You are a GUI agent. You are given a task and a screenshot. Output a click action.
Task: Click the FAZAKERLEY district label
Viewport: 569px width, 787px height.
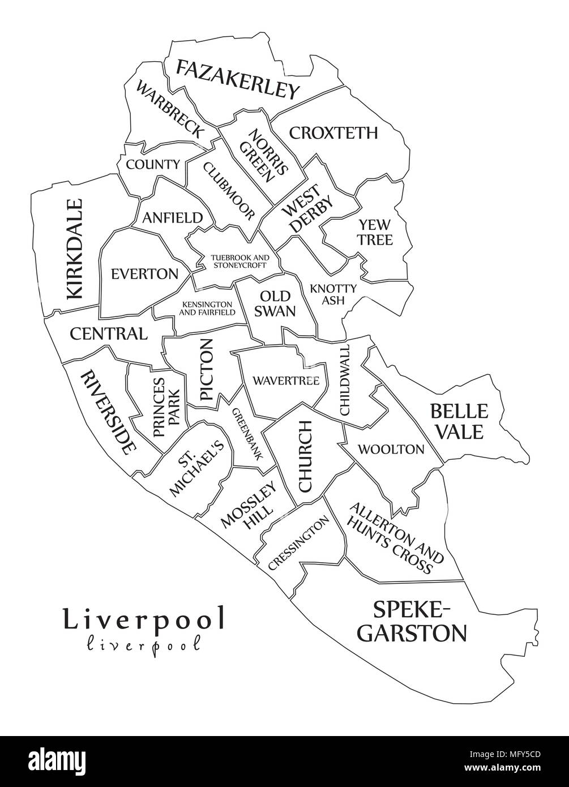point(237,79)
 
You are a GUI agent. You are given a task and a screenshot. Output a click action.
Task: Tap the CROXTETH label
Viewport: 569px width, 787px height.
point(333,133)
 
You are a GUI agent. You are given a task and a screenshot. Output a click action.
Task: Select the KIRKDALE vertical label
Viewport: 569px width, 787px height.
point(75,249)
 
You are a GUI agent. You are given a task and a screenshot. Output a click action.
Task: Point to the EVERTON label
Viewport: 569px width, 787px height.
point(144,274)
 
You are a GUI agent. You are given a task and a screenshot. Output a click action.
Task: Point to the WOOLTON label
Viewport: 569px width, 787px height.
point(391,450)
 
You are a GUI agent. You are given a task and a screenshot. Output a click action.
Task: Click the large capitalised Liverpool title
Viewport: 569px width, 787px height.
point(144,618)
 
